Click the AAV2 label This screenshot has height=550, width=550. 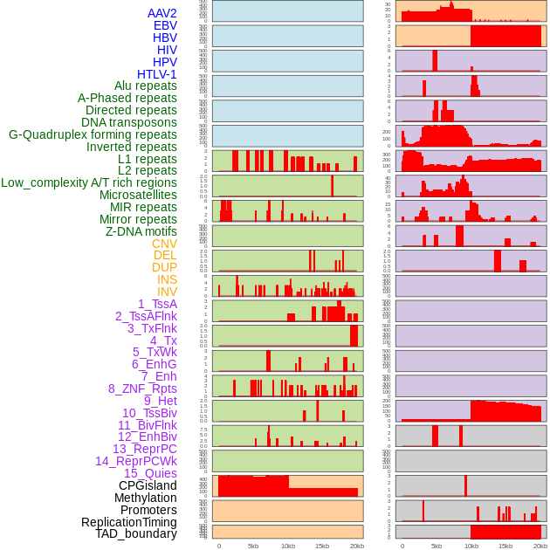pyautogui.click(x=162, y=14)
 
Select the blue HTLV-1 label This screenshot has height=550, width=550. pyautogui.click(x=156, y=74)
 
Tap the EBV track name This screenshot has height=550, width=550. pyautogui.click(x=165, y=26)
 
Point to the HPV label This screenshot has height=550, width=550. pyautogui.click(x=164, y=62)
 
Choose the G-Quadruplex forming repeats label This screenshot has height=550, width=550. pyautogui.click(x=93, y=134)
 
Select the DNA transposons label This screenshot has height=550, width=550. pyautogui.click(x=129, y=122)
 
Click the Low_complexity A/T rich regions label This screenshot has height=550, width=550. pyautogui.click(x=89, y=182)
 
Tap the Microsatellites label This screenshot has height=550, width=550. pyautogui.click(x=138, y=195)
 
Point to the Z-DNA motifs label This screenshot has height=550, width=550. pyautogui.click(x=141, y=231)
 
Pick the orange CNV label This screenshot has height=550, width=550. pyautogui.click(x=164, y=244)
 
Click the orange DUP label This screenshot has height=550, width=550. pyautogui.click(x=164, y=267)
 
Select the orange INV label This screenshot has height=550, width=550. pyautogui.click(x=167, y=292)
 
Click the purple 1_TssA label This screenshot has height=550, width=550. pyautogui.click(x=157, y=304)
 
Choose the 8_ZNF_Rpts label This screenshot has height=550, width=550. pyautogui.click(x=142, y=388)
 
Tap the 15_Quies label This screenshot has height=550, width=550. pyautogui.click(x=150, y=473)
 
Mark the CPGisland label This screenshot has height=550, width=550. pyautogui.click(x=148, y=485)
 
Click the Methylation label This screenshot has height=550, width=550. pyautogui.click(x=140, y=498)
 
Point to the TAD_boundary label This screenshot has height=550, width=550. pyautogui.click(x=136, y=533)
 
